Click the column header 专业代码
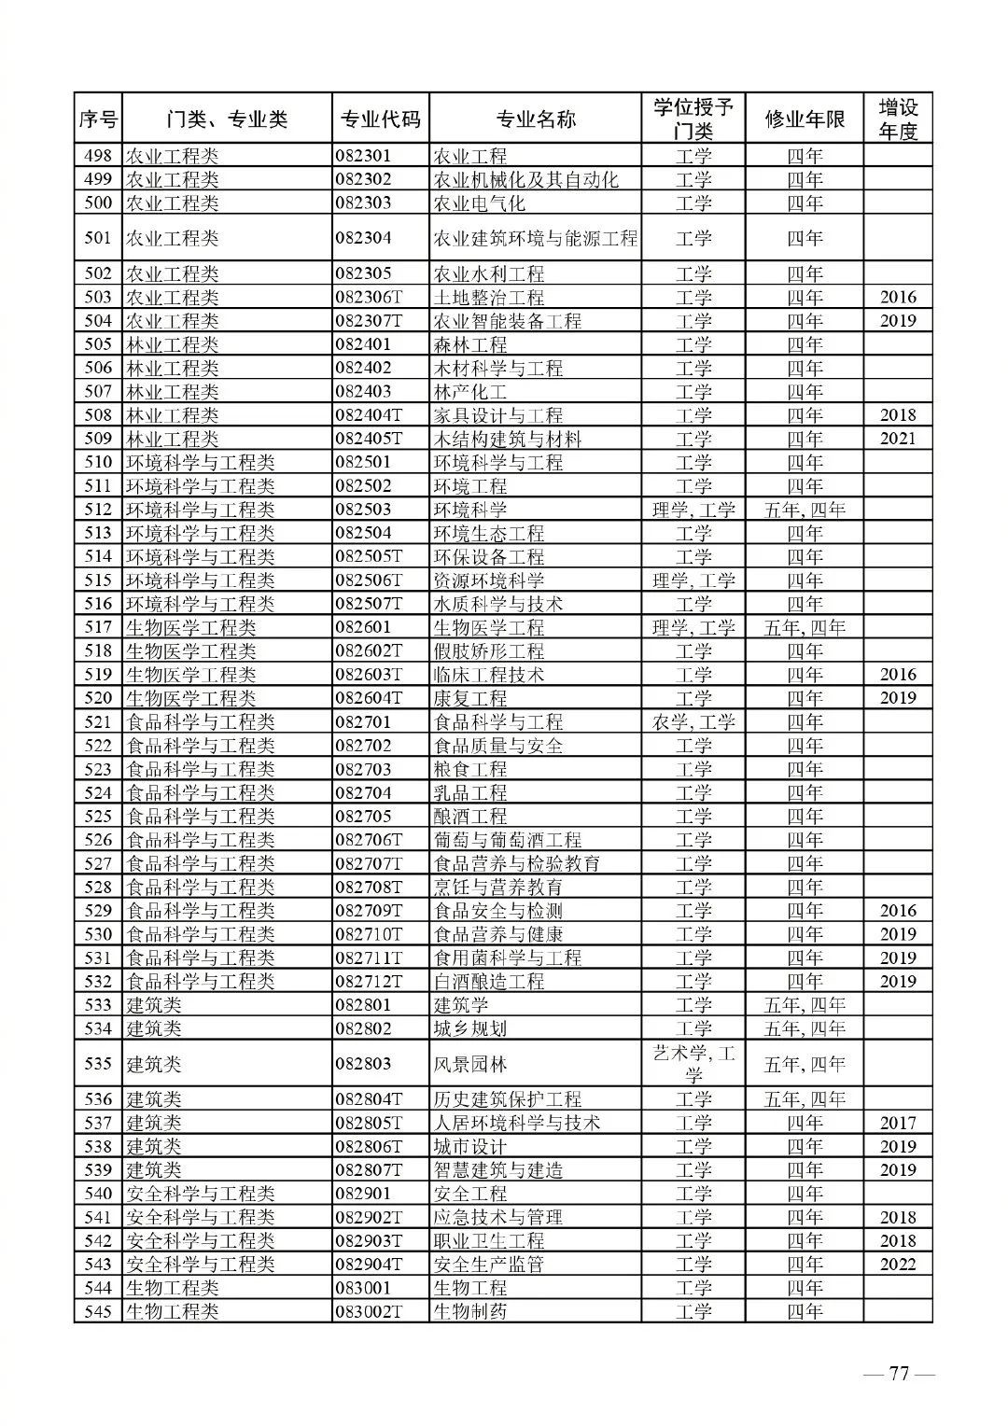380,119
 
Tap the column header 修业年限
805,119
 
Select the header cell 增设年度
898,119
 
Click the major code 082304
364,238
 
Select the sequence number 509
98,439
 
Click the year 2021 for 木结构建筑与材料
898,439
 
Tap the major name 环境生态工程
488,534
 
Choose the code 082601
364,628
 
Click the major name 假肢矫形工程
488,651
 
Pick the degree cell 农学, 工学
693,722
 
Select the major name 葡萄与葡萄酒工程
507,840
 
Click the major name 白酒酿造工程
488,982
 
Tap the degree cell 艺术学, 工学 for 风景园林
693,1064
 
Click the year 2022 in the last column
898,1265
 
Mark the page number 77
899,1374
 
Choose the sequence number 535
98,1064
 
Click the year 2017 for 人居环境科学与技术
898,1124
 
